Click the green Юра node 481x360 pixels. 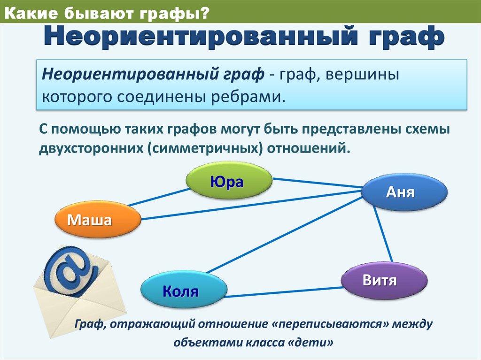pos(229,182)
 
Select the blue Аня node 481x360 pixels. pos(404,192)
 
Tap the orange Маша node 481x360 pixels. pos(98,220)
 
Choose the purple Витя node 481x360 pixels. pos(384,281)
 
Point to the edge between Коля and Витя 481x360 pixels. pos(284,292)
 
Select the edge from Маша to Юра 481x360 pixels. pos(157,197)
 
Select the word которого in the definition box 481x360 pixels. pos(75,98)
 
